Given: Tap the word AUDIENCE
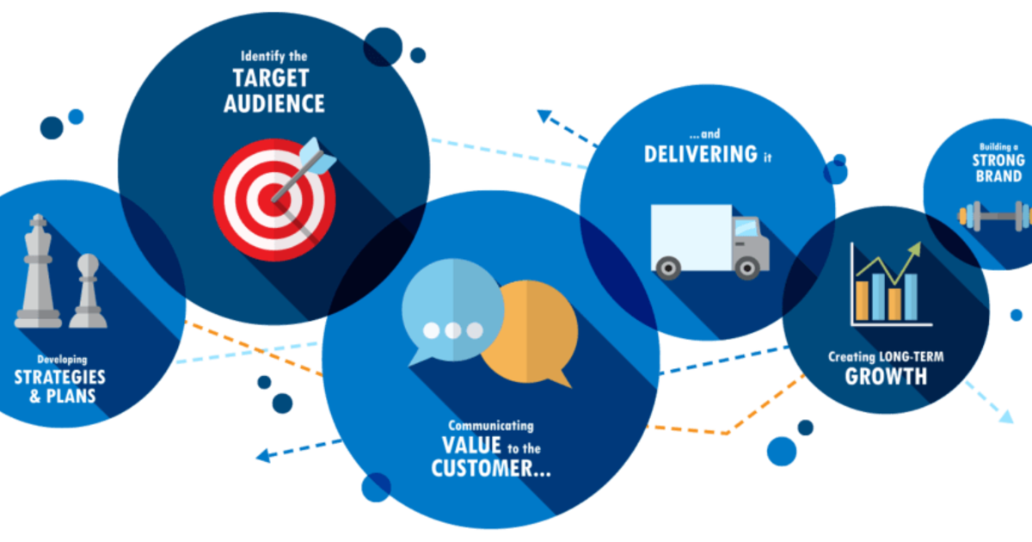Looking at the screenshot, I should point(274,104).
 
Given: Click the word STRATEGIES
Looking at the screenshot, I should point(59,378).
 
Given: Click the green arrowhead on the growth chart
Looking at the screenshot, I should point(914,250).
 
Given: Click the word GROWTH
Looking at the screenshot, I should point(886,376).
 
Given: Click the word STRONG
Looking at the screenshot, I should point(998,160).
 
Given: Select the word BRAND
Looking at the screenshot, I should point(998,176).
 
